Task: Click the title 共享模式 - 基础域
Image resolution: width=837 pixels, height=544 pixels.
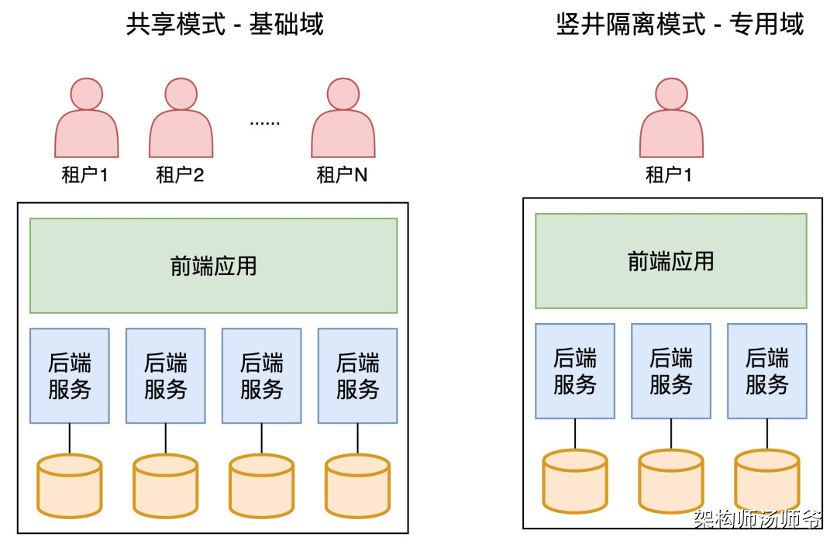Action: pos(225,25)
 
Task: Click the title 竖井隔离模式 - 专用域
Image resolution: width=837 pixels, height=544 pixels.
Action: pos(680,25)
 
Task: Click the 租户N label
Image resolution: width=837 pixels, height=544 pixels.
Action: pos(342,175)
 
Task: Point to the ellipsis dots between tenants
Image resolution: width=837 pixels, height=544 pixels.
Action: pos(264,122)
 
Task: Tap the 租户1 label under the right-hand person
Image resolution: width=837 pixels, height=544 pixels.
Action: pos(669,175)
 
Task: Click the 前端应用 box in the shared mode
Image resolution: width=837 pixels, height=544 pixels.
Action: pos(213,266)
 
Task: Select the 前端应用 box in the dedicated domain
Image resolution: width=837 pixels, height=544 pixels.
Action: pos(671,261)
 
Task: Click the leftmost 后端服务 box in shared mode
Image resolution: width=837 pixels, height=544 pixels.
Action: pos(70,376)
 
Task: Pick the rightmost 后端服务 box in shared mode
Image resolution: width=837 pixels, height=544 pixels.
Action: pos(357,376)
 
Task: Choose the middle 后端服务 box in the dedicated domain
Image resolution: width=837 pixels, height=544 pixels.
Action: pos(671,371)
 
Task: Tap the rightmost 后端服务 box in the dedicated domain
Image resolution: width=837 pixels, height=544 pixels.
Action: pos(766,371)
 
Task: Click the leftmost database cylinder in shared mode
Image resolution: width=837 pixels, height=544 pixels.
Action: pos(70,486)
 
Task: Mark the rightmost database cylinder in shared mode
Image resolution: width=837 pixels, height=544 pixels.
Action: pos(357,486)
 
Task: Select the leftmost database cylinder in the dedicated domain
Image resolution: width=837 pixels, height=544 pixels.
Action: pos(575,481)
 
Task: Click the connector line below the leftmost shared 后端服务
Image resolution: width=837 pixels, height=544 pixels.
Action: pos(70,439)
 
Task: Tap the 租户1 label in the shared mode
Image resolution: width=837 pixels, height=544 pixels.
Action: pos(84,175)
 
